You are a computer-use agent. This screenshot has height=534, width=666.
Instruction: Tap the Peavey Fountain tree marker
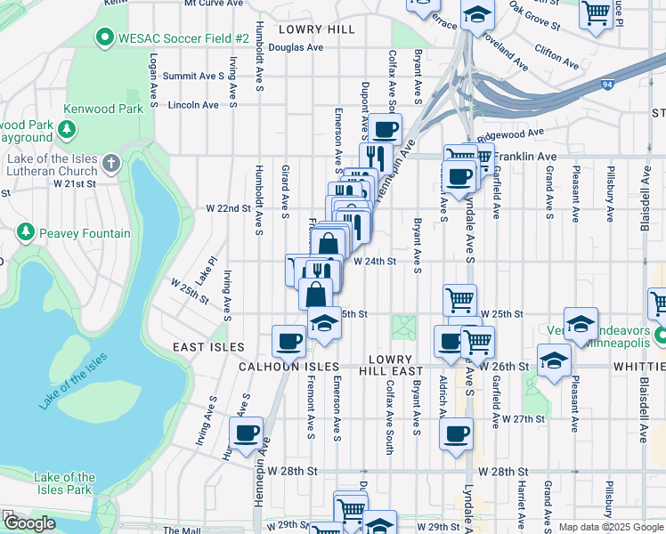click(x=27, y=232)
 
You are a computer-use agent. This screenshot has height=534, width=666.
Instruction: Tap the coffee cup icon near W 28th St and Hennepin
click(x=247, y=434)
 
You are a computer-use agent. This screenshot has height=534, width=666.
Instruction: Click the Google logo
click(x=29, y=523)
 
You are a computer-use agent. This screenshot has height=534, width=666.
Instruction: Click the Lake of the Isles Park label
click(x=64, y=483)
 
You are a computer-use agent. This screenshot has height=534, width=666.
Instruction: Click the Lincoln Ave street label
click(x=193, y=104)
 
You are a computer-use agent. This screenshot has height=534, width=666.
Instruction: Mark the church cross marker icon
click(x=110, y=164)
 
